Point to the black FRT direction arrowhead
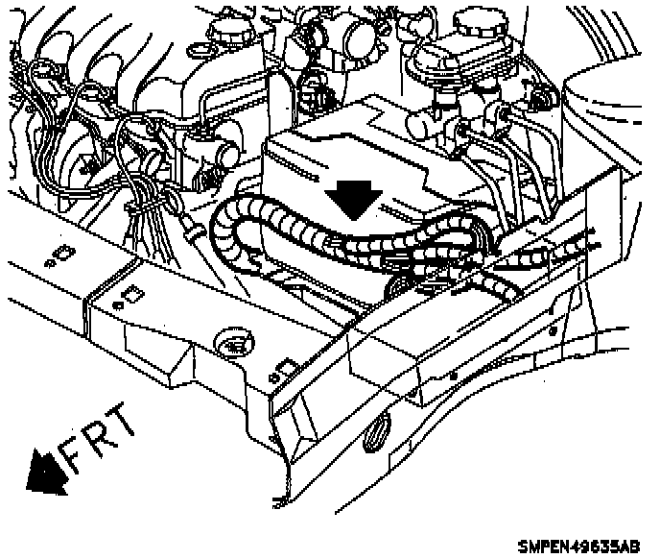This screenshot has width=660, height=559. tap(43, 472)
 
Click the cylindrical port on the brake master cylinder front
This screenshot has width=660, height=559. tap(419, 122)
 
